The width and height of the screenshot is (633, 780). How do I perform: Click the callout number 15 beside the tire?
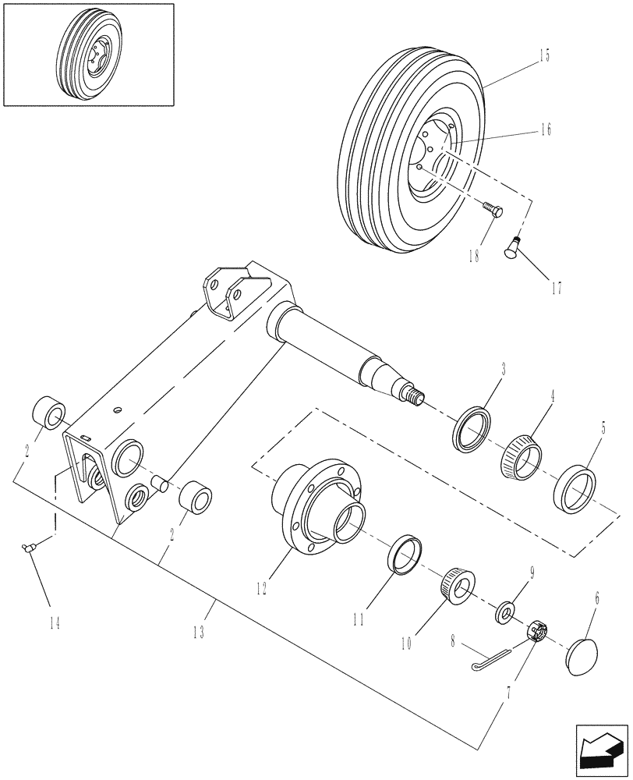coord(543,55)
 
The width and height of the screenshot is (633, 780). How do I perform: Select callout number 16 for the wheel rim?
coord(544,129)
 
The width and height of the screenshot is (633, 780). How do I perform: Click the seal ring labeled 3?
coord(472,427)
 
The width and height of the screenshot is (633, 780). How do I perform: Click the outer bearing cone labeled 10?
coord(458,585)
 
